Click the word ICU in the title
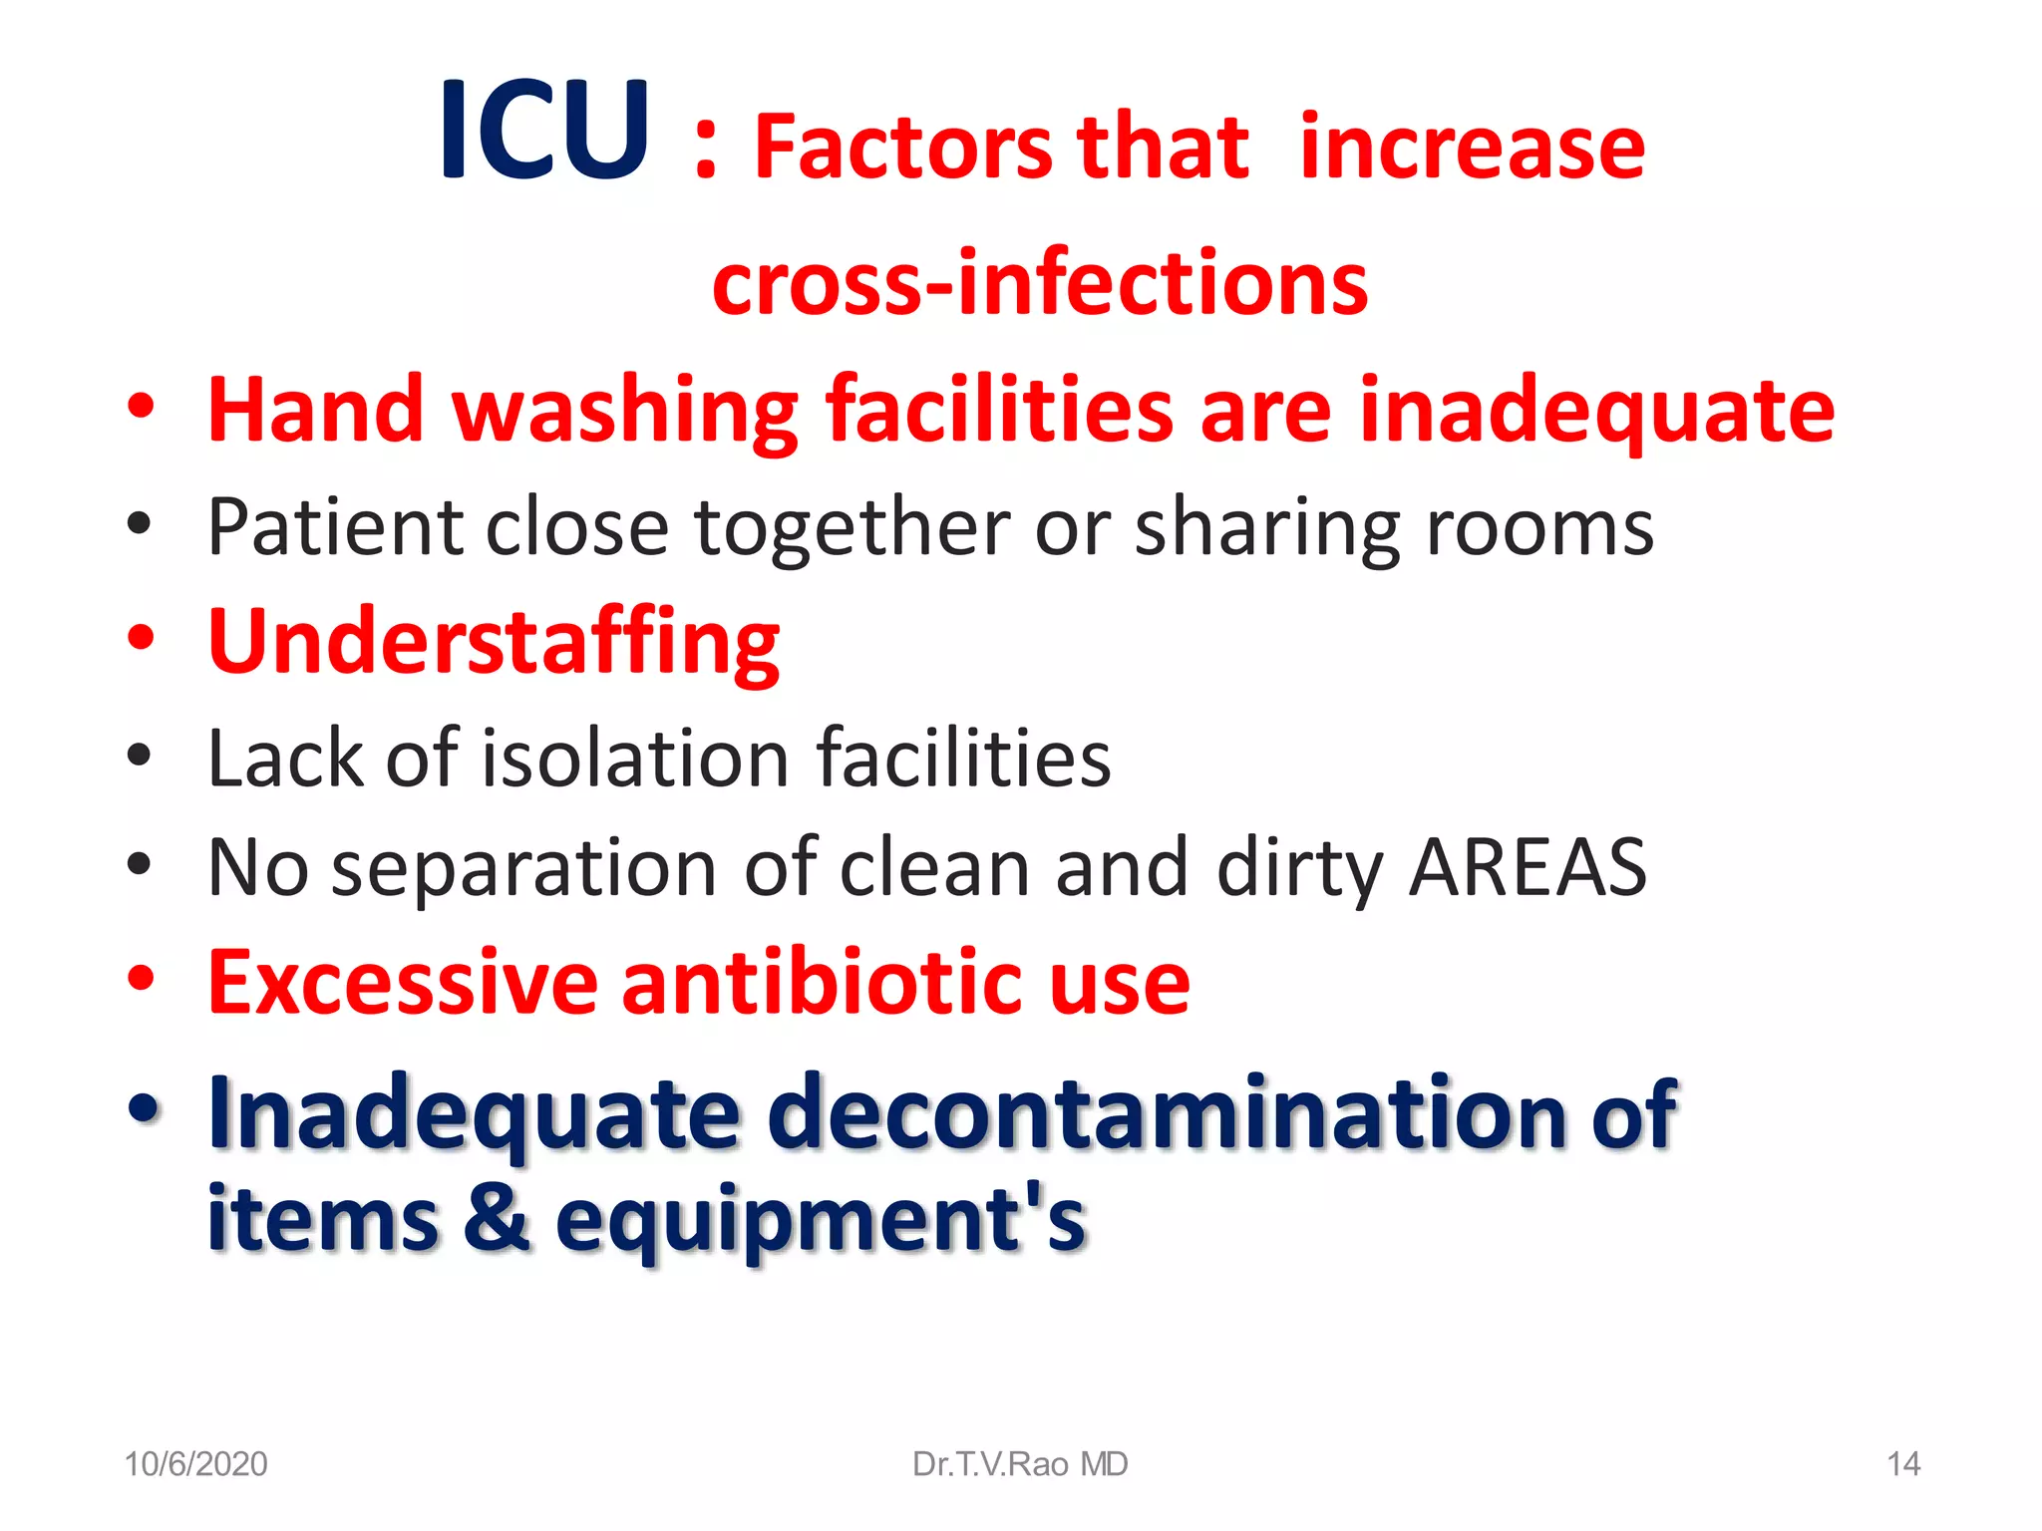pos(544,131)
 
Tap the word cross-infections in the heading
pos(1040,282)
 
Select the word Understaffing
pos(494,642)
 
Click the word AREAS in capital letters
pos(1528,867)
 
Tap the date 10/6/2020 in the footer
pos(195,1464)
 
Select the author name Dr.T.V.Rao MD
pos(1020,1464)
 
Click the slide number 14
pos(1903,1464)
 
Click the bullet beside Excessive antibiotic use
pos(141,979)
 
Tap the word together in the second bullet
pos(851,527)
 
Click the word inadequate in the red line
pos(1596,411)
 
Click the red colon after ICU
pos(705,150)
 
